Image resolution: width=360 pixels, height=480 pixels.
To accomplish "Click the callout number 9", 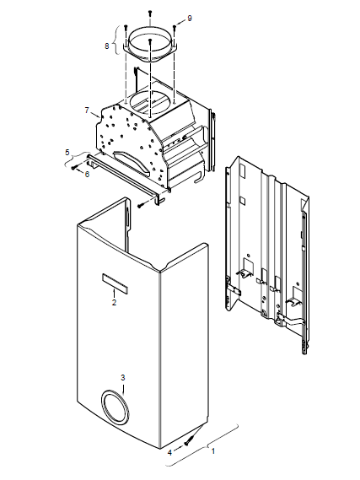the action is click(x=190, y=19).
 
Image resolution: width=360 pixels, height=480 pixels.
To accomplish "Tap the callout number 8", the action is click(x=107, y=46).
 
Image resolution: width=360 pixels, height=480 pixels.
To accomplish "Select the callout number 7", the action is click(x=87, y=110).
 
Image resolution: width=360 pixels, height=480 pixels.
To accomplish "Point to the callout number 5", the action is click(x=67, y=152).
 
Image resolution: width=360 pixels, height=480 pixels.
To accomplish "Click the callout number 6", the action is click(x=87, y=174).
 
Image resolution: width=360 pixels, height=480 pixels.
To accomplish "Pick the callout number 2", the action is click(x=114, y=303).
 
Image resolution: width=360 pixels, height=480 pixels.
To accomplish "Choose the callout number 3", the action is click(x=122, y=377).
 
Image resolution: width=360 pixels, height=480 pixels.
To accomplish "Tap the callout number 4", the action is click(x=170, y=452).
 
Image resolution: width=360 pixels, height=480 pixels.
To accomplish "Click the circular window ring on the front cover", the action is click(x=101, y=407).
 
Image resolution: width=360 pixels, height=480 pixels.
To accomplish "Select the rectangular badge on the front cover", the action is click(x=115, y=283).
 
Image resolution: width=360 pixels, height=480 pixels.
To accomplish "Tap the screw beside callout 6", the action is click(x=74, y=167).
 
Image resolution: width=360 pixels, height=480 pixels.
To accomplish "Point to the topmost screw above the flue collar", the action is click(x=150, y=13).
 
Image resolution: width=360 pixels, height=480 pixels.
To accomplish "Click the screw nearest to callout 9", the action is click(x=175, y=28).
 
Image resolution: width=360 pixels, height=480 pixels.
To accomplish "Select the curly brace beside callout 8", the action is click(x=116, y=40).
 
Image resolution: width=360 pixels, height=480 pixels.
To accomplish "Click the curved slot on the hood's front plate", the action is click(x=132, y=159).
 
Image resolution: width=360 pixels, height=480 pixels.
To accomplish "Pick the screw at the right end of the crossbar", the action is click(x=141, y=205).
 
